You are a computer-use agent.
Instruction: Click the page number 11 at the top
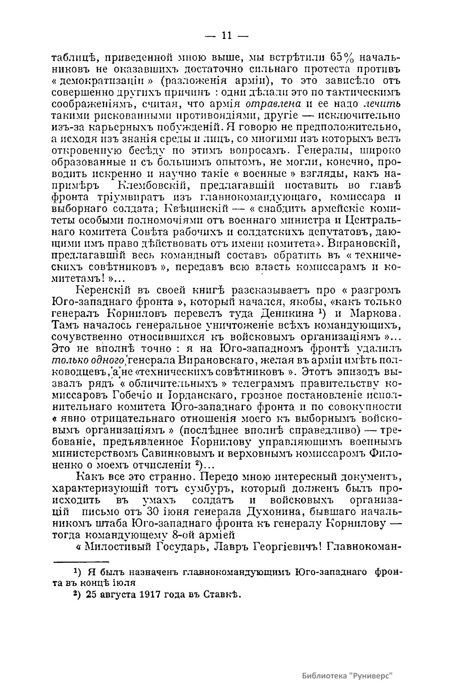(226, 36)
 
